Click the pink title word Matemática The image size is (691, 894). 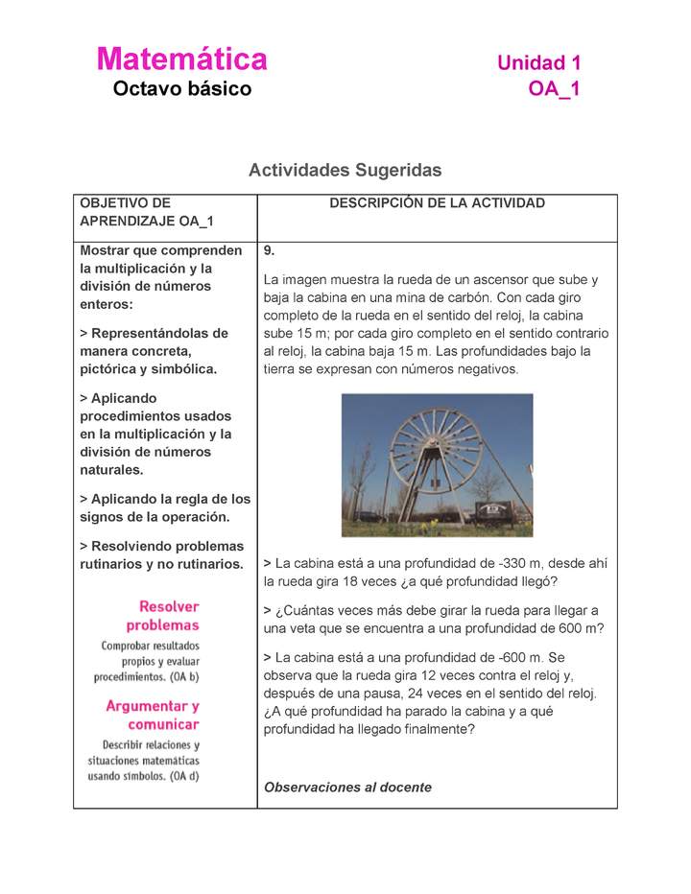pos(181,59)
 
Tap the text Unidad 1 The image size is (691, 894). pos(538,63)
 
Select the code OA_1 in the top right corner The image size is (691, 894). pos(554,89)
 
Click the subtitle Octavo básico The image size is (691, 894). pos(182,89)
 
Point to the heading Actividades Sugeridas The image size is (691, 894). pos(345,170)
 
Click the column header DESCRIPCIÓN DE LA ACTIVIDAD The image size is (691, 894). pos(437,203)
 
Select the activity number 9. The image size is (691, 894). pos(270,251)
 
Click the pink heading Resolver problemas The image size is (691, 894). pos(169,616)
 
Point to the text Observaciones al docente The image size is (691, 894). pos(347,788)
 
